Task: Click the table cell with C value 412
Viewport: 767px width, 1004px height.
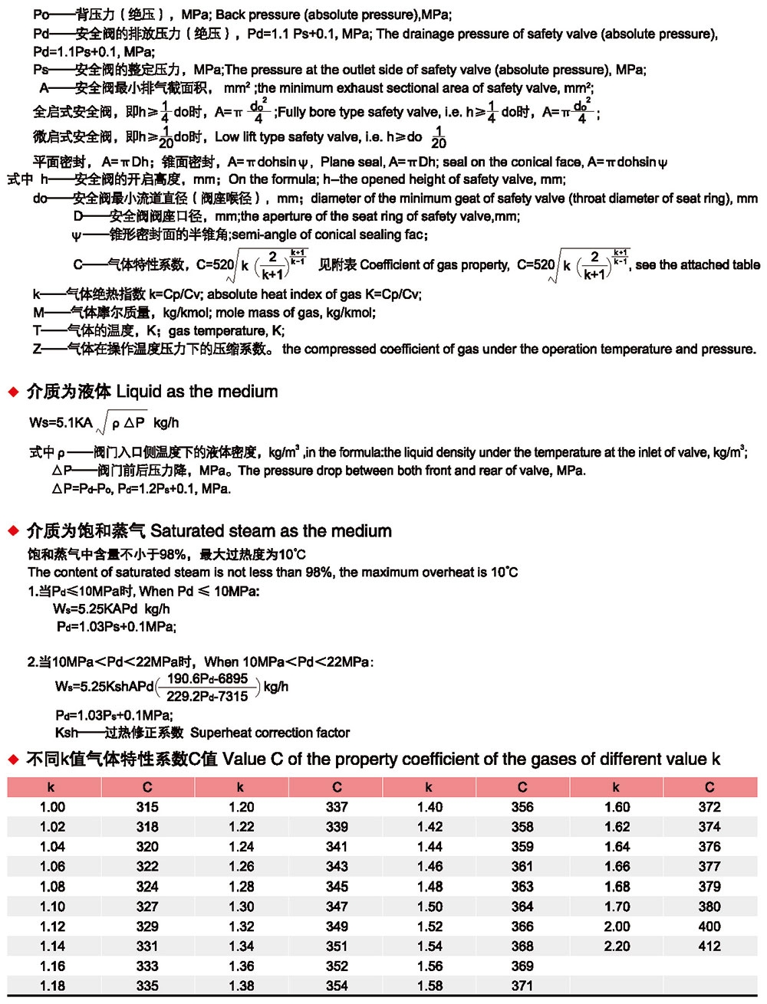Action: pyautogui.click(x=709, y=946)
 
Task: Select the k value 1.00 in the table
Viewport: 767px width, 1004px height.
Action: pyautogui.click(x=52, y=806)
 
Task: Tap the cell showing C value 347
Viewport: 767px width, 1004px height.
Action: pyautogui.click(x=337, y=906)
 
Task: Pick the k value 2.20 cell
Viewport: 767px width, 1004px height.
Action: pyautogui.click(x=617, y=946)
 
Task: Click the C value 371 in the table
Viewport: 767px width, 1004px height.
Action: pyautogui.click(x=522, y=986)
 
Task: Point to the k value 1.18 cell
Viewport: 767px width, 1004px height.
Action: pyautogui.click(x=52, y=986)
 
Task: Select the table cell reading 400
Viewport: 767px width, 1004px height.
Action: pyautogui.click(x=709, y=926)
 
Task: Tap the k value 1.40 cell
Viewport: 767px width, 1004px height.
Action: pyautogui.click(x=430, y=806)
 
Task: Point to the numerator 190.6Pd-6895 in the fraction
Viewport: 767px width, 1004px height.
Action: pyautogui.click(x=207, y=678)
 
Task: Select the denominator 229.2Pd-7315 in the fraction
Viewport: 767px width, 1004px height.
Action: pyautogui.click(x=207, y=696)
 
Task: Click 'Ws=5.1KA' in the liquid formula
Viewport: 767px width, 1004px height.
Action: pyautogui.click(x=61, y=422)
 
